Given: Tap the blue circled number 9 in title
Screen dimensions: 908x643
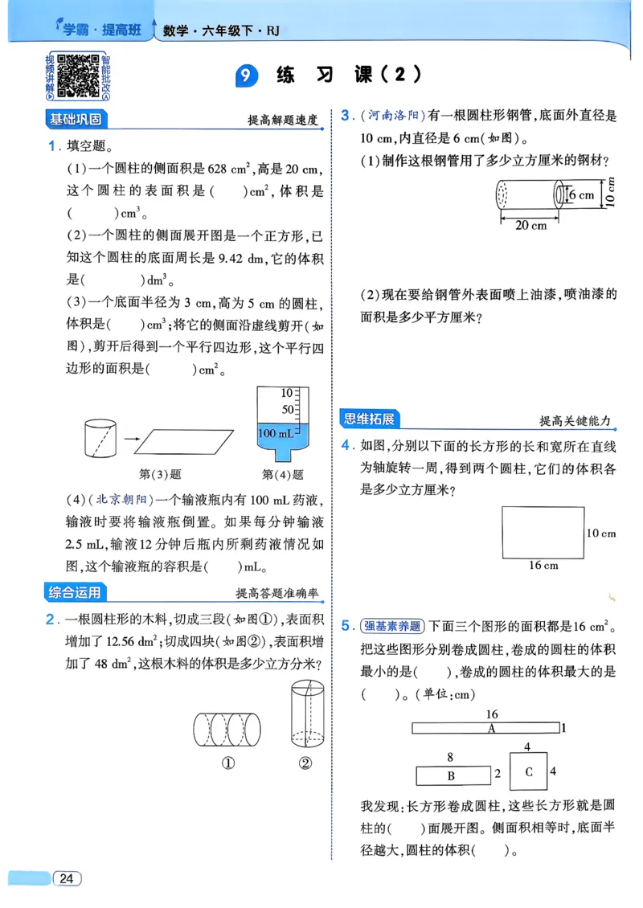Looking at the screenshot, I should (x=247, y=76).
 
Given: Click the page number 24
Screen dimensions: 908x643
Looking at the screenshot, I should (x=67, y=878).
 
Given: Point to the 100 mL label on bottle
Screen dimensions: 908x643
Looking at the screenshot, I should (x=277, y=433).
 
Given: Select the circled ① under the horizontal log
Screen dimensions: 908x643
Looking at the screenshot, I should (x=227, y=763).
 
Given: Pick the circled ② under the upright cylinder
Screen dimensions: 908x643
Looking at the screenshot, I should (x=305, y=763).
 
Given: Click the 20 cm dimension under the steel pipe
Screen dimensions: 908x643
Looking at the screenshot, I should (x=530, y=226).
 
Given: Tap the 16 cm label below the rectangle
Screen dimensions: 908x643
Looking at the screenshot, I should (x=543, y=565).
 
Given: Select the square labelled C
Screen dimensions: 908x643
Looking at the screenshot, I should (x=528, y=771).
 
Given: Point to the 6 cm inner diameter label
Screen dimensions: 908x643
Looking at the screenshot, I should (x=580, y=194).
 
